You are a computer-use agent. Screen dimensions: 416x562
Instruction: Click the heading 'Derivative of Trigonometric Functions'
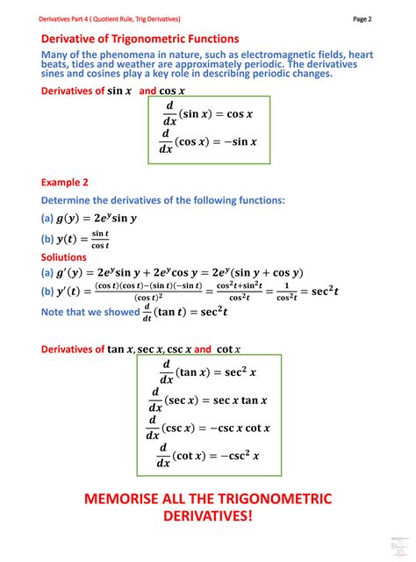tap(140, 39)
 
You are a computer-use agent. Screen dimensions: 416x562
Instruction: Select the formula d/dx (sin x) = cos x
tap(209, 113)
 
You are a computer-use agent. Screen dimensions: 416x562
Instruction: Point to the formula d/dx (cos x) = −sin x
tap(209, 140)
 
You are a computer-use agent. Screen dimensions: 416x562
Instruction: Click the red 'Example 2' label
tap(65, 183)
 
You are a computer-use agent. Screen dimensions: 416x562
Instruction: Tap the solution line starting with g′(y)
tap(172, 272)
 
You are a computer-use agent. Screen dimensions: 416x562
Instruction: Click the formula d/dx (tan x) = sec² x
tap(208, 371)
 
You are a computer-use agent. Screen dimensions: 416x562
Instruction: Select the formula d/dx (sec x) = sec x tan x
tap(208, 400)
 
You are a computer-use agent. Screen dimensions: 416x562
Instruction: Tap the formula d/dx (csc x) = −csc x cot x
tap(208, 428)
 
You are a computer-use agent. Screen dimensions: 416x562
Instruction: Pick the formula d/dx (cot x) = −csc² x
tap(208, 456)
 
